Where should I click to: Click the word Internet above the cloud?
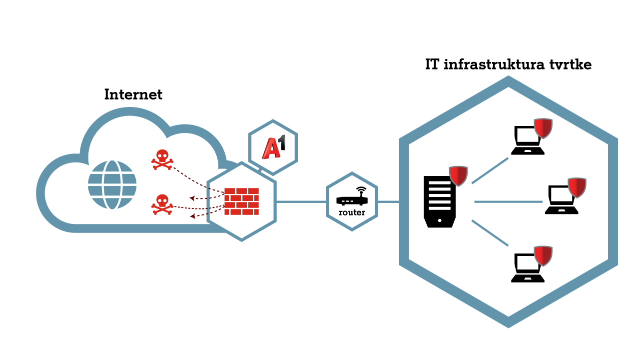(x=133, y=94)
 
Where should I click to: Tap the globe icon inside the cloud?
(x=112, y=184)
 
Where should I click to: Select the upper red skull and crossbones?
(x=162, y=159)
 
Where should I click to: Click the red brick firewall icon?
(x=241, y=201)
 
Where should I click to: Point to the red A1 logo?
(x=273, y=147)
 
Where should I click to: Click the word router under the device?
(x=352, y=212)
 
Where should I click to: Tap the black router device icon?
(x=352, y=198)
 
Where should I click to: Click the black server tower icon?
(x=439, y=201)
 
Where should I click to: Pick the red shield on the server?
(x=458, y=175)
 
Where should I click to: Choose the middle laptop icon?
(x=561, y=200)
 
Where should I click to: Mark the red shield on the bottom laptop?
(x=543, y=255)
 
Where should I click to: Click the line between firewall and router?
(x=301, y=202)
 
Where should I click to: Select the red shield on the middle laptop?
(x=577, y=187)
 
